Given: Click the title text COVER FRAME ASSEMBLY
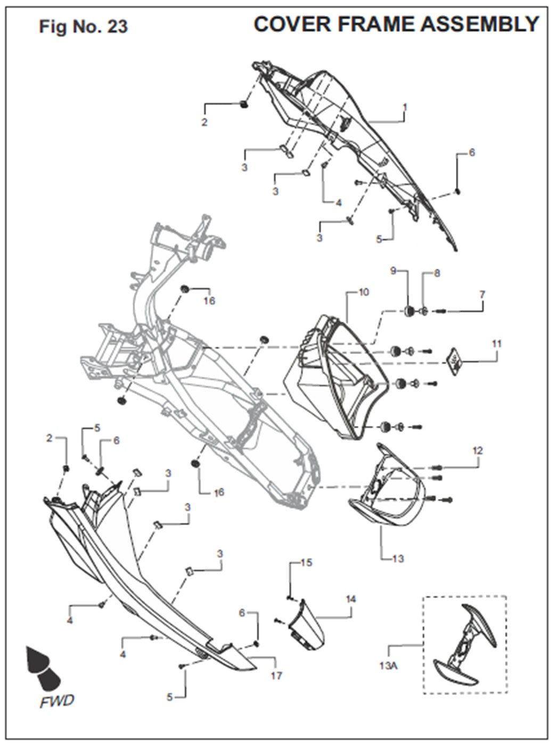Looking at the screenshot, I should tap(396, 24).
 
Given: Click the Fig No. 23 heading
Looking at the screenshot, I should tap(83, 26).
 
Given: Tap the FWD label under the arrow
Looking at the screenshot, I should tap(57, 701).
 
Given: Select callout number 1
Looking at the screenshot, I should tap(405, 107).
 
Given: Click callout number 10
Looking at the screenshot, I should tap(364, 292).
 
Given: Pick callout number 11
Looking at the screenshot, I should tap(496, 344).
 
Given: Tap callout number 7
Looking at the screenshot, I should tap(482, 294).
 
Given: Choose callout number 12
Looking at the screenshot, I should tap(477, 450).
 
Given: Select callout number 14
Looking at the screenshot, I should tap(350, 599).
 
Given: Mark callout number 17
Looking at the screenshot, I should tap(276, 676).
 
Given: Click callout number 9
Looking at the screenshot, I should tap(394, 270).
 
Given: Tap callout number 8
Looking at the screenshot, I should tap(437, 273).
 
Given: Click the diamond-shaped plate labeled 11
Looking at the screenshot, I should tap(454, 362).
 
